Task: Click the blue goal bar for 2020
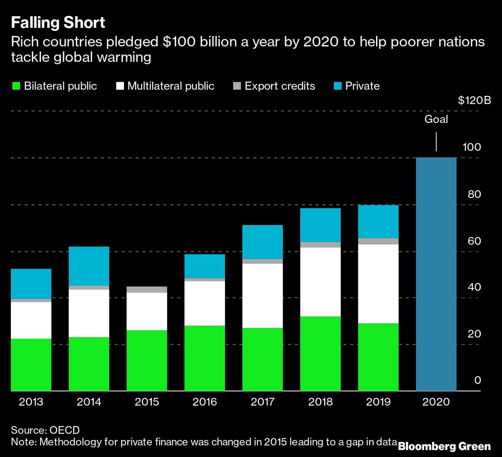tap(436, 274)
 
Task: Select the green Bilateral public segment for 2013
tap(31, 365)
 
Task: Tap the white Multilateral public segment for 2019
tap(378, 283)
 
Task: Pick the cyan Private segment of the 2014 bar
tap(89, 266)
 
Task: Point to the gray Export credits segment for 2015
tap(147, 290)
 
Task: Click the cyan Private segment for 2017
tap(263, 242)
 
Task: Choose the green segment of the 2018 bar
tap(320, 353)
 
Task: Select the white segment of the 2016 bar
tap(205, 303)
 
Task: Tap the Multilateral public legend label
tap(171, 86)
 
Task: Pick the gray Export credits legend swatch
tap(237, 86)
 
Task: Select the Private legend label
tap(362, 86)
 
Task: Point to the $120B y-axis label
tap(474, 101)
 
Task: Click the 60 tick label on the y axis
tap(474, 241)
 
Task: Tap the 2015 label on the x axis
tap(147, 402)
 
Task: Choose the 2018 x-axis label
tap(320, 402)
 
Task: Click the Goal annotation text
tap(436, 119)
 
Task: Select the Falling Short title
tap(58, 22)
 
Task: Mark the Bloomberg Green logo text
tap(444, 447)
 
